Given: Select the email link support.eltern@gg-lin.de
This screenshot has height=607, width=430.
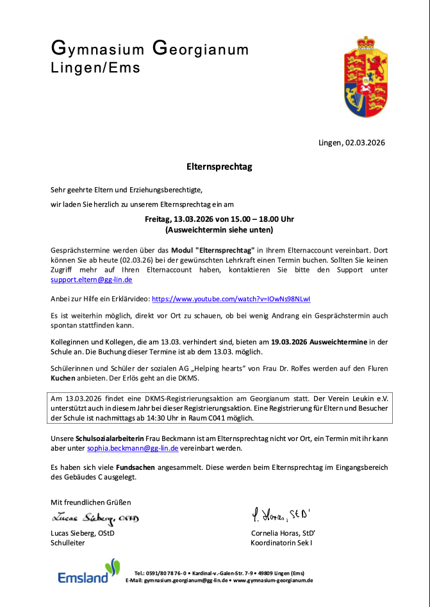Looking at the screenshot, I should click(x=92, y=279).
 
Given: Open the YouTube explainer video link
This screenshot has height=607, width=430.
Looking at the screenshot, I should click(x=231, y=299).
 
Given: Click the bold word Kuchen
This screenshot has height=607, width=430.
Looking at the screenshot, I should click(x=64, y=379).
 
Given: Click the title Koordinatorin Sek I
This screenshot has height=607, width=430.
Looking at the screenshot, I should click(x=281, y=542).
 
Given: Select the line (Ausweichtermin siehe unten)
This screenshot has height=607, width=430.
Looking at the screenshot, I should click(x=219, y=229).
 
